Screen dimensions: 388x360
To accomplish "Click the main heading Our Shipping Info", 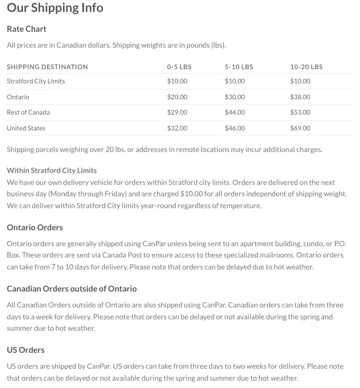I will (x=55, y=8).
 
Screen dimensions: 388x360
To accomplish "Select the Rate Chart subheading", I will (x=27, y=29).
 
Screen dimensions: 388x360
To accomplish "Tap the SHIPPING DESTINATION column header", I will (x=47, y=67).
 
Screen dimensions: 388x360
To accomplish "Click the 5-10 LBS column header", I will (x=239, y=67).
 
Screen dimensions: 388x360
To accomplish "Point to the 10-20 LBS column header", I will (x=306, y=67).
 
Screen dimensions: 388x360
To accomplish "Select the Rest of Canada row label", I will (x=28, y=112).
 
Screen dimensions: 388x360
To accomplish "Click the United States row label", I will (x=26, y=128).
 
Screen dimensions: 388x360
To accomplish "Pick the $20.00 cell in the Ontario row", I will (x=177, y=97).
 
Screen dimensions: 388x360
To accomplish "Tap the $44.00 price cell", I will (x=235, y=112).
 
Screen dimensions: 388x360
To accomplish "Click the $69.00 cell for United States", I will (x=300, y=128).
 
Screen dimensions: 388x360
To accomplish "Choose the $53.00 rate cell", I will (x=300, y=112).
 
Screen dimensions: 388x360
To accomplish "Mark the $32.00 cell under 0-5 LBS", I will (x=177, y=128).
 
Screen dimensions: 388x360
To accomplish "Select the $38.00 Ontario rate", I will (x=300, y=97).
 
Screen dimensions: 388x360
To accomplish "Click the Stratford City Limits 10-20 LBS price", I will (x=300, y=81).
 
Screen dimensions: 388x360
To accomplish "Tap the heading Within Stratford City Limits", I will (x=52, y=170).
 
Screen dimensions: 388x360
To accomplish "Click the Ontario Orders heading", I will (x=35, y=227).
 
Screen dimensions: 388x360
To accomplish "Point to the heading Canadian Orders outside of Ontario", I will (x=71, y=289).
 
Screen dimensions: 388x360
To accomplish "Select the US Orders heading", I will (x=26, y=350).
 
